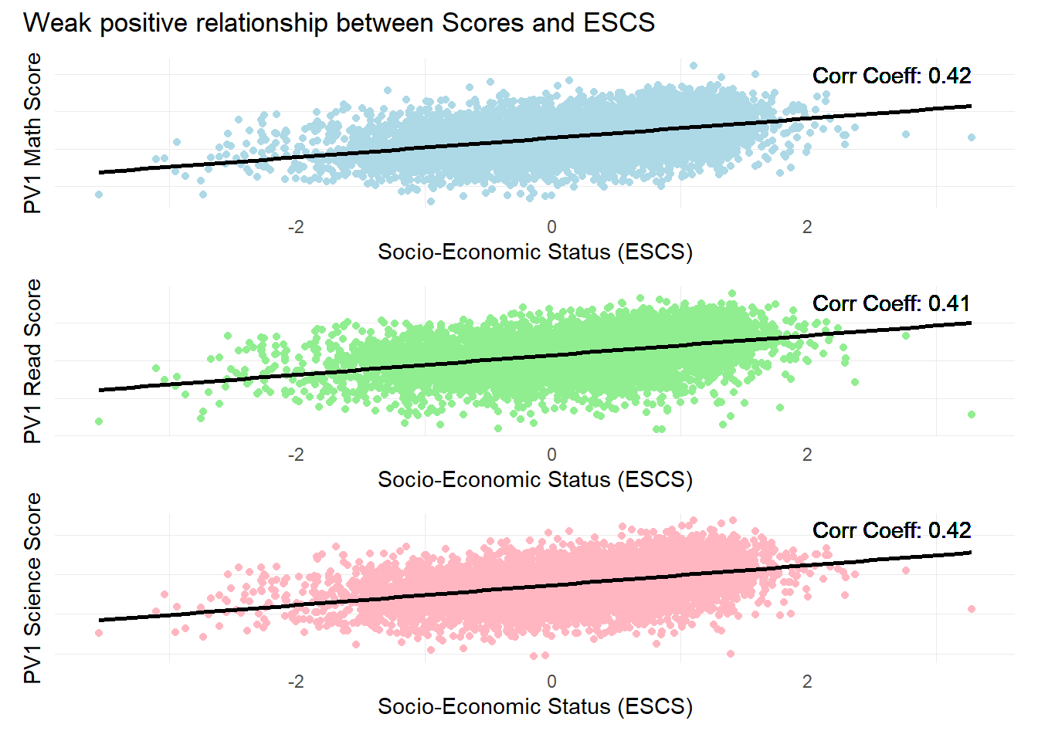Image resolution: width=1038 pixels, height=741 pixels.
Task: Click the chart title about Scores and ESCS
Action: point(339,23)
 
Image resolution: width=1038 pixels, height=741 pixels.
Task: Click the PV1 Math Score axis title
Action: point(32,133)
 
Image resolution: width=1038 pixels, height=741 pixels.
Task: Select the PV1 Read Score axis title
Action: point(32,361)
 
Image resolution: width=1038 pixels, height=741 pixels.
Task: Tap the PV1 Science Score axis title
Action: point(32,588)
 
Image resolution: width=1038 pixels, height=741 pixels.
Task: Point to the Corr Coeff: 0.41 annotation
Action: point(891,303)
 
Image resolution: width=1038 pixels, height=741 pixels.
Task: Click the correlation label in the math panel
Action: point(891,76)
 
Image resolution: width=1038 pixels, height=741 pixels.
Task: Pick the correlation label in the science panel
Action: point(891,530)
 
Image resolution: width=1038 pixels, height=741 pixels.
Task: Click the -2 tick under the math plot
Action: point(296,227)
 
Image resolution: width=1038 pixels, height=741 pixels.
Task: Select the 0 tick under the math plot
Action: point(551,227)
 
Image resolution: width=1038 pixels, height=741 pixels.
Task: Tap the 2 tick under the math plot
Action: point(807,227)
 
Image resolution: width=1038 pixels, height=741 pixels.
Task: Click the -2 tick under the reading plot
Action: point(296,455)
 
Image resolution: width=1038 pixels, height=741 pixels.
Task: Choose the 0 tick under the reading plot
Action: point(551,455)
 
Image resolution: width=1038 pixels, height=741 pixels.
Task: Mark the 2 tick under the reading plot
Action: point(807,455)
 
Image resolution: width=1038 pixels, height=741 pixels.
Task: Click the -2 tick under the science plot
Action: point(296,682)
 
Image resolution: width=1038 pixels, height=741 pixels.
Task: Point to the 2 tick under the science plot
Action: point(807,682)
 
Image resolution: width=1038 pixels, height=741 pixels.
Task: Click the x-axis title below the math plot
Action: point(534,252)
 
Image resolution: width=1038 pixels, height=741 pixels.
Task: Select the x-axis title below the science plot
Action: point(534,706)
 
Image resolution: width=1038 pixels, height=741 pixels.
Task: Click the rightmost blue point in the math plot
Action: point(972,137)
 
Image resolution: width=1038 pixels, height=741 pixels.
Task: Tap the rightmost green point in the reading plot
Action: point(972,414)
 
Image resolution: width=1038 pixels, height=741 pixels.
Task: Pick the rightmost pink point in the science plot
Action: point(972,609)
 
